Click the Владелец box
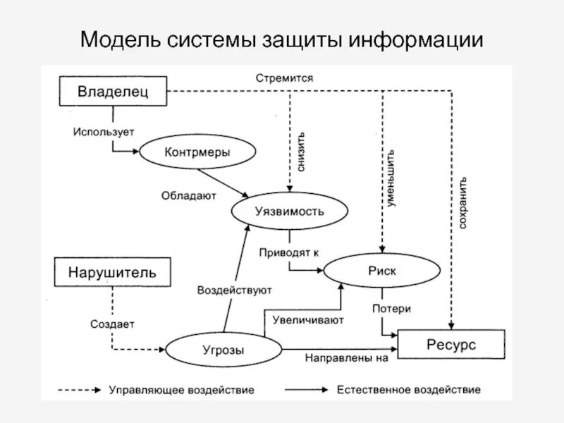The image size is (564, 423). pyautogui.click(x=113, y=91)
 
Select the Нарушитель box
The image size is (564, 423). pyautogui.click(x=113, y=272)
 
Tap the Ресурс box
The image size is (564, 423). pyautogui.click(x=451, y=345)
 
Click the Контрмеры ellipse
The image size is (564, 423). pyautogui.click(x=197, y=152)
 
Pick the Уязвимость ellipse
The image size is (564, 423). pyautogui.click(x=289, y=211)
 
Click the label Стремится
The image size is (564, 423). pyautogui.click(x=285, y=78)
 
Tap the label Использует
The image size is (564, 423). pyautogui.click(x=103, y=131)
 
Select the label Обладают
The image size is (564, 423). pyautogui.click(x=188, y=195)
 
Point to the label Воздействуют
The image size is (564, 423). pyautogui.click(x=235, y=289)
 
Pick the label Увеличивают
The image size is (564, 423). pyautogui.click(x=308, y=321)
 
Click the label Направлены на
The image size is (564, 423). pyautogui.click(x=347, y=357)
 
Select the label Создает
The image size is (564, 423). pyautogui.click(x=112, y=324)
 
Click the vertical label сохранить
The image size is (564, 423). pyautogui.click(x=462, y=202)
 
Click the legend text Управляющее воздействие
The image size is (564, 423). pyautogui.click(x=181, y=389)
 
